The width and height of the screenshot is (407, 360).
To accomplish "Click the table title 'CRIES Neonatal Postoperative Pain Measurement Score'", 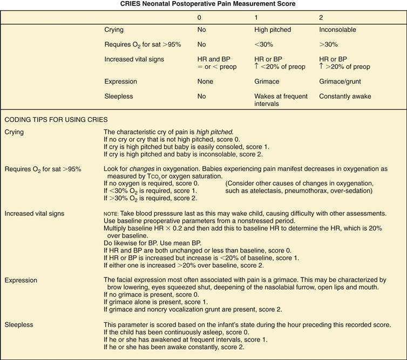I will pyautogui.click(x=204, y=4).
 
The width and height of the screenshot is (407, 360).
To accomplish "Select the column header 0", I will pyautogui.click(x=200, y=18).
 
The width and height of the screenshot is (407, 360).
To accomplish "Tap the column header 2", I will pyautogui.click(x=321, y=18).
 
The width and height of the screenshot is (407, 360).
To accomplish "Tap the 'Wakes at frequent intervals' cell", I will pyautogui.click(x=280, y=100).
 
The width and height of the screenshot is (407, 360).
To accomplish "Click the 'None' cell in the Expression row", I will pyautogui.click(x=206, y=81).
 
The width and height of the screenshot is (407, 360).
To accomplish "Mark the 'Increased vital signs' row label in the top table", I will pyautogui.click(x=134, y=59).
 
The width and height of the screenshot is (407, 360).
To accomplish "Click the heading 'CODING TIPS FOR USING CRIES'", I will pyautogui.click(x=56, y=119).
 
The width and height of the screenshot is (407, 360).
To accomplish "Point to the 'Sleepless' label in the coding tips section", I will pyautogui.click(x=19, y=325).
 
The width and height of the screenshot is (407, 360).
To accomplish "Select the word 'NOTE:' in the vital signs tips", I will pyautogui.click(x=112, y=214).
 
